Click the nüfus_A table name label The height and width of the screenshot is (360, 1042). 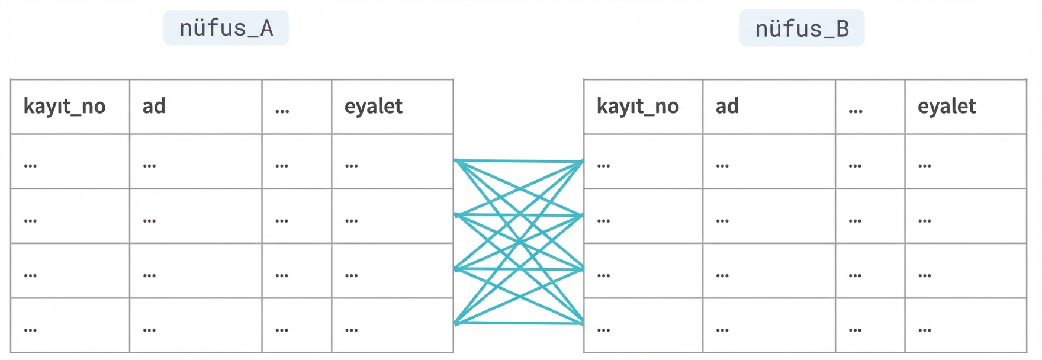click(x=226, y=28)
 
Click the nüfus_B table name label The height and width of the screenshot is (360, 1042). click(x=802, y=28)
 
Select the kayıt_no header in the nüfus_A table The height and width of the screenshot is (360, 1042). click(x=65, y=107)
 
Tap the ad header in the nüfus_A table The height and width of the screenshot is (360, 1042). click(x=154, y=107)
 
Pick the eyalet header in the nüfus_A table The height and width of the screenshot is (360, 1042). click(x=374, y=107)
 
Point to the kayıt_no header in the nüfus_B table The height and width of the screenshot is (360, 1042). click(x=638, y=107)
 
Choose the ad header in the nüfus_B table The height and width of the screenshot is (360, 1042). click(x=727, y=107)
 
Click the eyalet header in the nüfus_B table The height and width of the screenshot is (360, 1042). click(x=947, y=107)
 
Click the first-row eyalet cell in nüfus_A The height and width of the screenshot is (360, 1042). click(x=392, y=162)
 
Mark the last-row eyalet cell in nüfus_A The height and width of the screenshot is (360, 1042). click(x=392, y=326)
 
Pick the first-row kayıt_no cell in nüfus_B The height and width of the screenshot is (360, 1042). click(x=643, y=162)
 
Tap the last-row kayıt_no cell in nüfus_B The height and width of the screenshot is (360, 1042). click(x=643, y=326)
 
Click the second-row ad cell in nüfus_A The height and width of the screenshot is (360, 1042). click(x=195, y=216)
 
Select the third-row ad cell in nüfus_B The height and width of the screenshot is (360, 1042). click(x=768, y=271)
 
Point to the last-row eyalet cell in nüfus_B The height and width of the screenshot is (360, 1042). click(x=965, y=326)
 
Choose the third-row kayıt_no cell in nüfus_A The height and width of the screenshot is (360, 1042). click(x=70, y=271)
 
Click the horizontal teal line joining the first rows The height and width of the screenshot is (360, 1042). click(x=519, y=160)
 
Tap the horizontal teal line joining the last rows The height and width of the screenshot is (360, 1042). click(x=519, y=323)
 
